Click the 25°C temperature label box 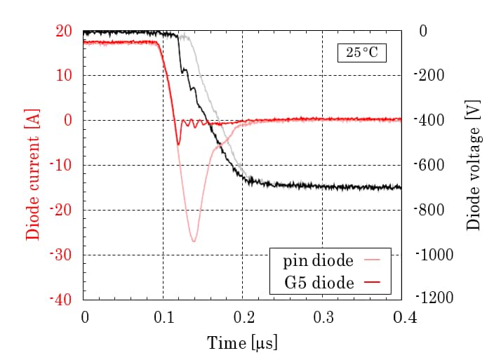coord(361,53)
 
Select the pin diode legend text coord(318,261)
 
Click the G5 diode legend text coord(319,285)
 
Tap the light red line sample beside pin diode coord(377,261)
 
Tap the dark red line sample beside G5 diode coord(377,285)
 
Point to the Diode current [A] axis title coord(32,166)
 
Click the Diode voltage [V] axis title coord(474,166)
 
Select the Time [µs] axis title coord(243,343)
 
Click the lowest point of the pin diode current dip coord(193,241)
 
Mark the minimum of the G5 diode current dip coord(178,144)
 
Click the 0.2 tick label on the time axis coord(243,317)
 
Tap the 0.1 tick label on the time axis coord(163,317)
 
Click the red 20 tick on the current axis coord(65,31)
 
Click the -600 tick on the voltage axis coord(430,165)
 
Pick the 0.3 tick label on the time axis coord(322,317)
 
